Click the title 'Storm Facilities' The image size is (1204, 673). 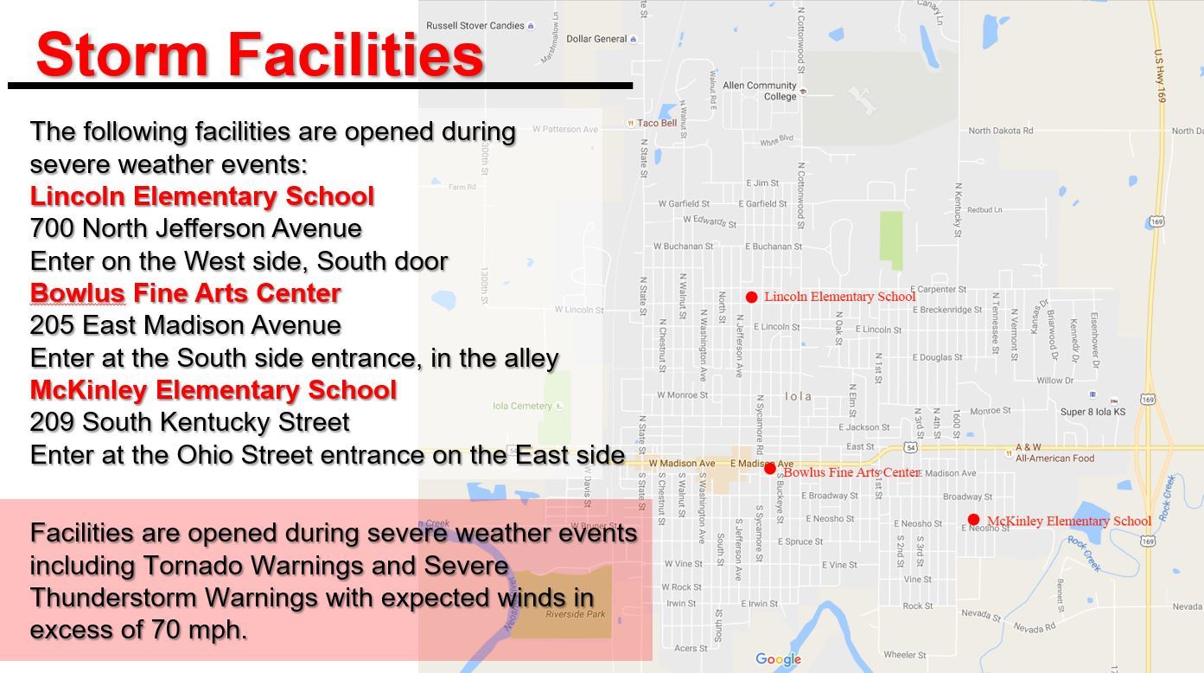[x=259, y=54]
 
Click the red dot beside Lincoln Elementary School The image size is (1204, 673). [x=752, y=297]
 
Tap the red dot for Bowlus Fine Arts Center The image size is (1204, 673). [x=770, y=468]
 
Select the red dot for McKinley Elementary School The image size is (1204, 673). [x=973, y=520]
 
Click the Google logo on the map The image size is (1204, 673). [x=778, y=659]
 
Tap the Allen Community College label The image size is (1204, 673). [x=760, y=91]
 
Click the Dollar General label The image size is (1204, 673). [x=596, y=39]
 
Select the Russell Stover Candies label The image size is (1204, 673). [x=475, y=26]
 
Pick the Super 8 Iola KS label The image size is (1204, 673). [x=1093, y=412]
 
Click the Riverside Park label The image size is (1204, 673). [x=575, y=614]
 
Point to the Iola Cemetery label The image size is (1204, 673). [x=522, y=406]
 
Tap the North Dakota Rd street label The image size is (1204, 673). [x=1000, y=131]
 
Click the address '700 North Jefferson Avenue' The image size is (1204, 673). [x=196, y=228]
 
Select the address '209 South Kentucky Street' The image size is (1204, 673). [x=190, y=422]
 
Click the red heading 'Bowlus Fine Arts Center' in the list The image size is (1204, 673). [x=186, y=293]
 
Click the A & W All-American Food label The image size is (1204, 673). [x=1054, y=453]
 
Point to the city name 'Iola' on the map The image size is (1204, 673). [x=798, y=396]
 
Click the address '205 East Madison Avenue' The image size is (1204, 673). [x=186, y=325]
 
